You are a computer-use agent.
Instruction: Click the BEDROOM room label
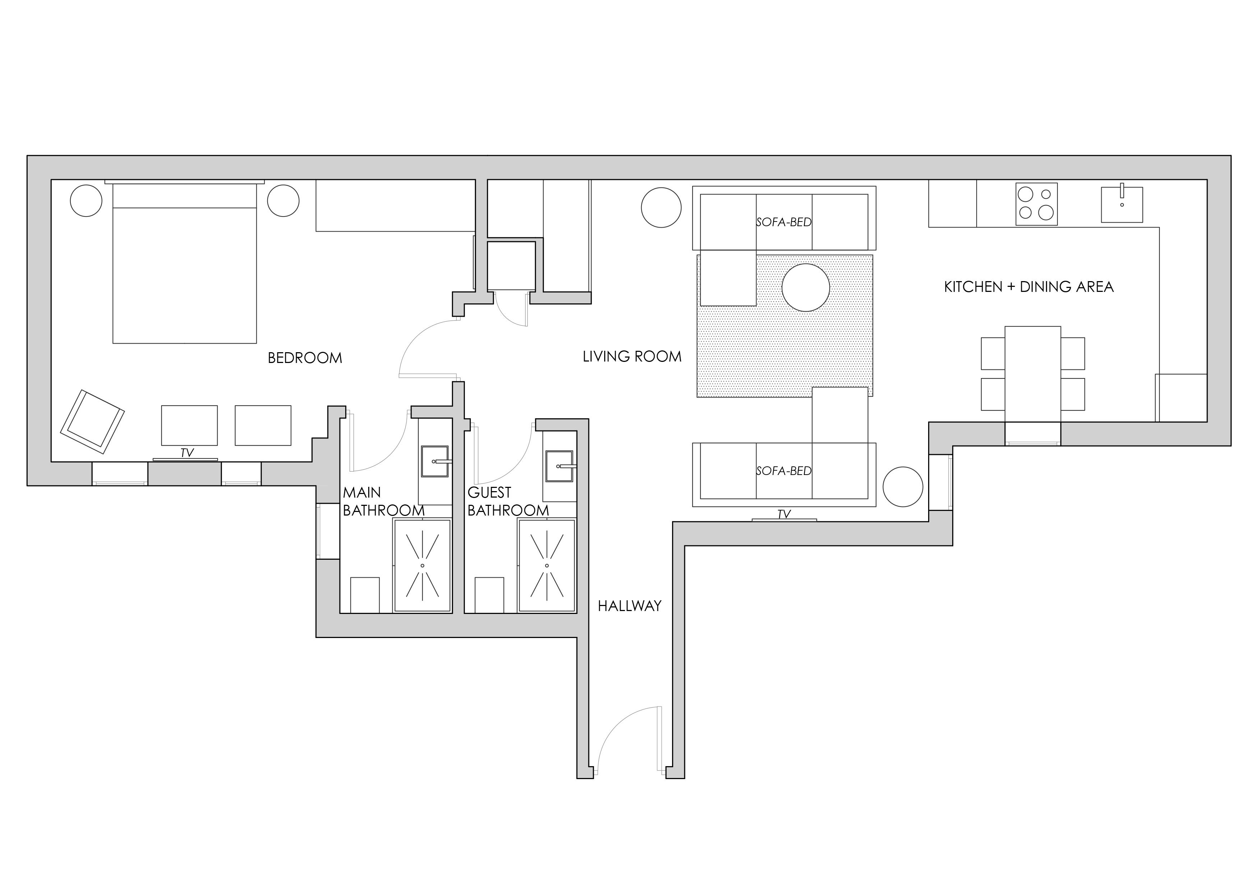pos(305,358)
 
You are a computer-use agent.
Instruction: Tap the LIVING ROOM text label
pos(632,357)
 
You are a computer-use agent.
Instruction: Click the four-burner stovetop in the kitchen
pos(1036,204)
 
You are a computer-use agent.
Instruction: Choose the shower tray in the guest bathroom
pos(547,565)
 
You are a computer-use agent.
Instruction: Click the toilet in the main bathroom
pos(365,595)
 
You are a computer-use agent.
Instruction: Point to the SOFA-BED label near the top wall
pos(784,222)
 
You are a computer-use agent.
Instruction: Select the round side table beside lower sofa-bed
pos(903,486)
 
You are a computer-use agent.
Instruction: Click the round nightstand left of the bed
pos(86,201)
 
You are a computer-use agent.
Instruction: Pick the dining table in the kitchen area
pos(1032,374)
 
